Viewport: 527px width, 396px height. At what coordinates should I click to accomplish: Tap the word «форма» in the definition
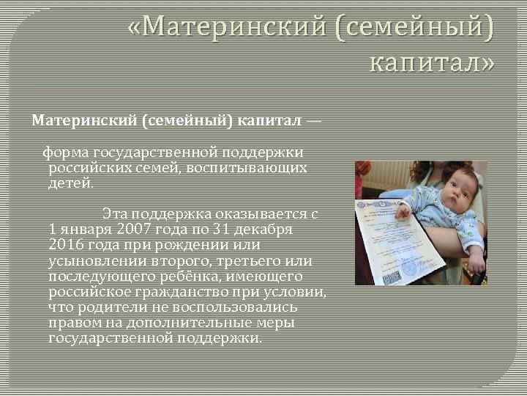pos(65,152)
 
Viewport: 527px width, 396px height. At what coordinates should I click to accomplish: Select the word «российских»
pos(82,167)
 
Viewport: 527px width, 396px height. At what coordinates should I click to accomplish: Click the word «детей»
pos(70,182)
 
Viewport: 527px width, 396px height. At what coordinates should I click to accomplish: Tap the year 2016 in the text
pos(66,244)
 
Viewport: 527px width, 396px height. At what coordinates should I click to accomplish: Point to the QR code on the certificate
pos(391,278)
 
